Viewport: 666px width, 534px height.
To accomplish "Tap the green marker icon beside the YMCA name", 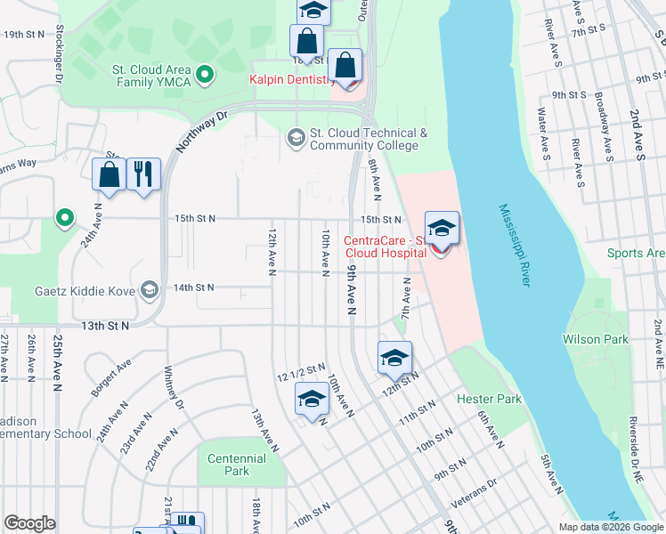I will pyautogui.click(x=204, y=74).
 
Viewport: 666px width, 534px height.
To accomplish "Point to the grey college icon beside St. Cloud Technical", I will pyautogui.click(x=296, y=138).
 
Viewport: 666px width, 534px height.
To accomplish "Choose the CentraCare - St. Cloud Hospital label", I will pyautogui.click(x=385, y=247).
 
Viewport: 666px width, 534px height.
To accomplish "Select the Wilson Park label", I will pyautogui.click(x=595, y=339).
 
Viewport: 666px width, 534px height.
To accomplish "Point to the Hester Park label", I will pyautogui.click(x=489, y=400).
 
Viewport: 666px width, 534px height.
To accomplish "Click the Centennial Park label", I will pyautogui.click(x=236, y=465).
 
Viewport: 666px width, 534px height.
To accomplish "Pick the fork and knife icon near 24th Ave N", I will pyautogui.click(x=143, y=174).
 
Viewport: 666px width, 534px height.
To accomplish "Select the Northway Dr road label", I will pyautogui.click(x=202, y=130).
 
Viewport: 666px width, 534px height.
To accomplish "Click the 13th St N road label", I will pyautogui.click(x=105, y=326).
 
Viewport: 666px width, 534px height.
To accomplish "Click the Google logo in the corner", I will pyautogui.click(x=29, y=524).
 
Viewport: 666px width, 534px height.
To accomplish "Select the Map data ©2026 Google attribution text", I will pyautogui.click(x=610, y=527).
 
